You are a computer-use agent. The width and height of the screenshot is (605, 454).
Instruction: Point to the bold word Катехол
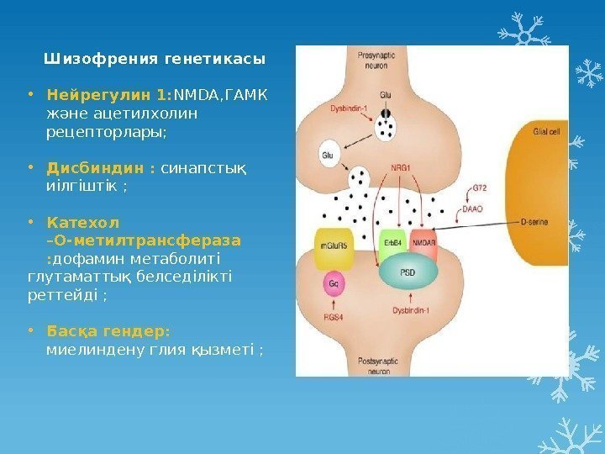click(83, 224)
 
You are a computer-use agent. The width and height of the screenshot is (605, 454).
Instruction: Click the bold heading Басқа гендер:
click(108, 331)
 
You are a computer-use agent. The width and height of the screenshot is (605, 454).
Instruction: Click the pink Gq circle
click(335, 284)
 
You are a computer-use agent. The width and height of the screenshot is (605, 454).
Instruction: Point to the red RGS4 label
click(334, 318)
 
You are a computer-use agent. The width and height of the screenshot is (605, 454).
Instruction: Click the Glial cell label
click(546, 131)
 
